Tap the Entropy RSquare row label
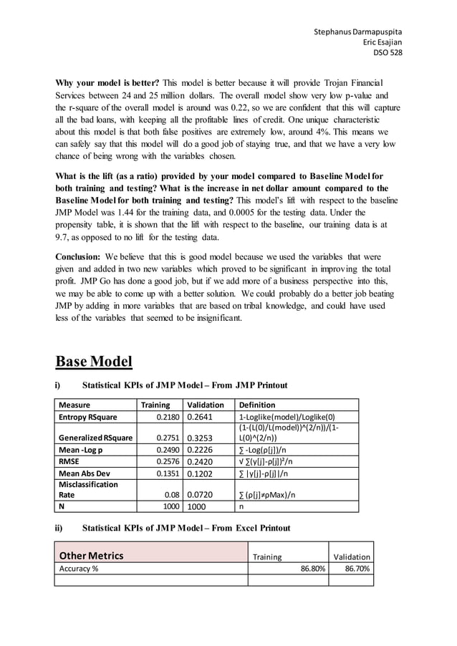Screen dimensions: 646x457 (x=88, y=417)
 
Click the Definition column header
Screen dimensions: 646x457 (x=256, y=405)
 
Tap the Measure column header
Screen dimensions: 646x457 (x=75, y=405)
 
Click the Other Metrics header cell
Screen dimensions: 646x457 (x=91, y=556)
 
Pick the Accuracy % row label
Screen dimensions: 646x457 (x=79, y=569)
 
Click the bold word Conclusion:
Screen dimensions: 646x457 (x=78, y=256)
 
